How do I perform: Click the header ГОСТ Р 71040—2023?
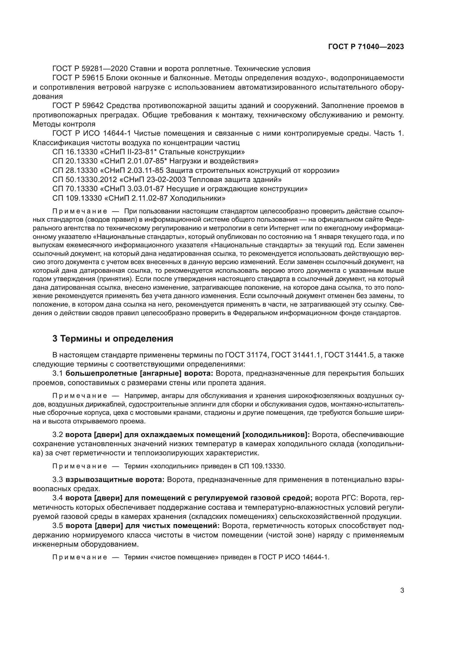366,47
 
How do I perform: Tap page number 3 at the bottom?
402,591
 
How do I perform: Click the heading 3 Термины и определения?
113,339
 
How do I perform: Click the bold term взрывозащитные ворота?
115,480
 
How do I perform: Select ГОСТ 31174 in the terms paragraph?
247,355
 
